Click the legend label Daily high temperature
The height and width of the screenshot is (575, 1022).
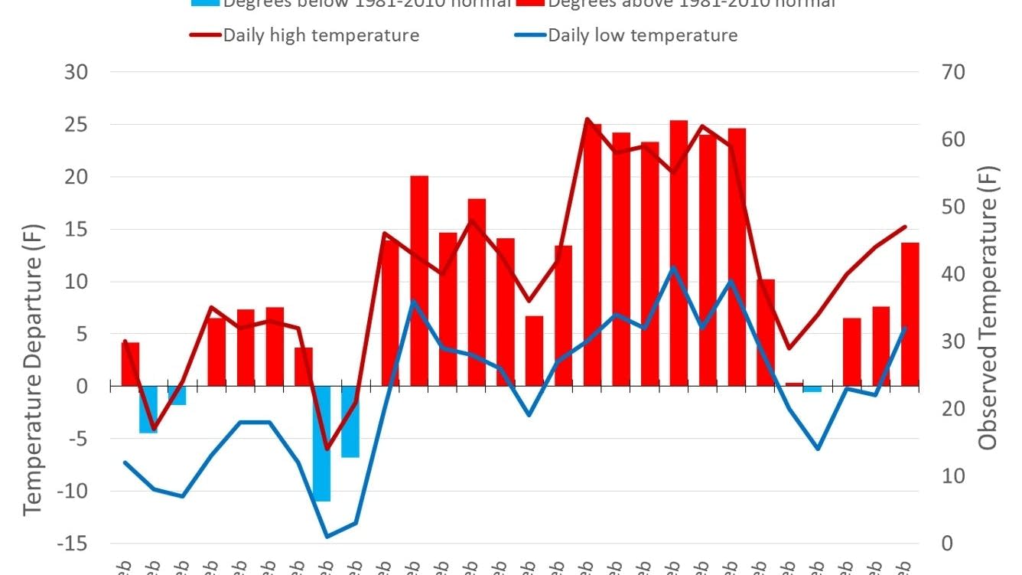pyautogui.click(x=321, y=35)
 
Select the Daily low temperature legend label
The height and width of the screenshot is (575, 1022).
pyautogui.click(x=643, y=35)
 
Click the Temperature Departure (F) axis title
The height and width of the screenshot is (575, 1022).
pyautogui.click(x=31, y=369)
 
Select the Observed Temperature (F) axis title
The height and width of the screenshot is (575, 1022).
pyautogui.click(x=988, y=307)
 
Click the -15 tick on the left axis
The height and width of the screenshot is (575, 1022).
pyautogui.click(x=74, y=544)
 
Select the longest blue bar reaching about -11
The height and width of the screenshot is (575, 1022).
pyautogui.click(x=321, y=444)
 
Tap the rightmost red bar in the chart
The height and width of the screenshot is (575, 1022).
pyautogui.click(x=910, y=314)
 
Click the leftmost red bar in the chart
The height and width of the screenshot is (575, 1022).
pyautogui.click(x=130, y=364)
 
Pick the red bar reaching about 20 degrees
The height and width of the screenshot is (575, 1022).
pyautogui.click(x=419, y=280)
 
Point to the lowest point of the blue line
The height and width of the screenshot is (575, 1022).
pyautogui.click(x=327, y=536)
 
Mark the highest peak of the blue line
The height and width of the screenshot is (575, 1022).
pyautogui.click(x=673, y=268)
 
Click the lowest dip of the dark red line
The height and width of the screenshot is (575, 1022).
pyautogui.click(x=327, y=449)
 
